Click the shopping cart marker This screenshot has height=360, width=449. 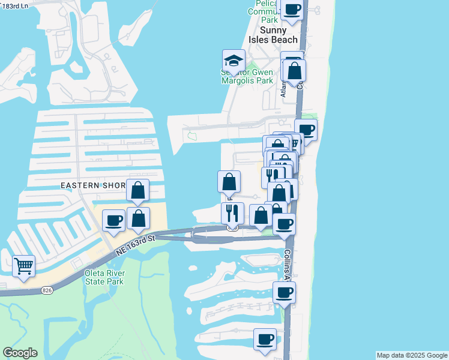(23, 266)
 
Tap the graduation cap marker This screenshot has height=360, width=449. (233, 61)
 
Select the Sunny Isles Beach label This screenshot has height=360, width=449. (279, 35)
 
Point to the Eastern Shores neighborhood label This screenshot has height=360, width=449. (93, 185)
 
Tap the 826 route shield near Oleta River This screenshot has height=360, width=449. (46, 290)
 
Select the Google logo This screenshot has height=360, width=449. (20, 353)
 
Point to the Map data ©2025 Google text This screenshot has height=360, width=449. (412, 355)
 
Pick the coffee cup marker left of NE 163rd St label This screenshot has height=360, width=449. (113, 221)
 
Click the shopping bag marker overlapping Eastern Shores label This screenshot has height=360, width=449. (138, 190)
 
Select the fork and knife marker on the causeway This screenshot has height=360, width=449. (232, 212)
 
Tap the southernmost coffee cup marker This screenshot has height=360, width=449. (265, 339)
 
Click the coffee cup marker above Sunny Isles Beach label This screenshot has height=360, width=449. (292, 10)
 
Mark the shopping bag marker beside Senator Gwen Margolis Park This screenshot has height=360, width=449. (295, 71)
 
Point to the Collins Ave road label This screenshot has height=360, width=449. (288, 265)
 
